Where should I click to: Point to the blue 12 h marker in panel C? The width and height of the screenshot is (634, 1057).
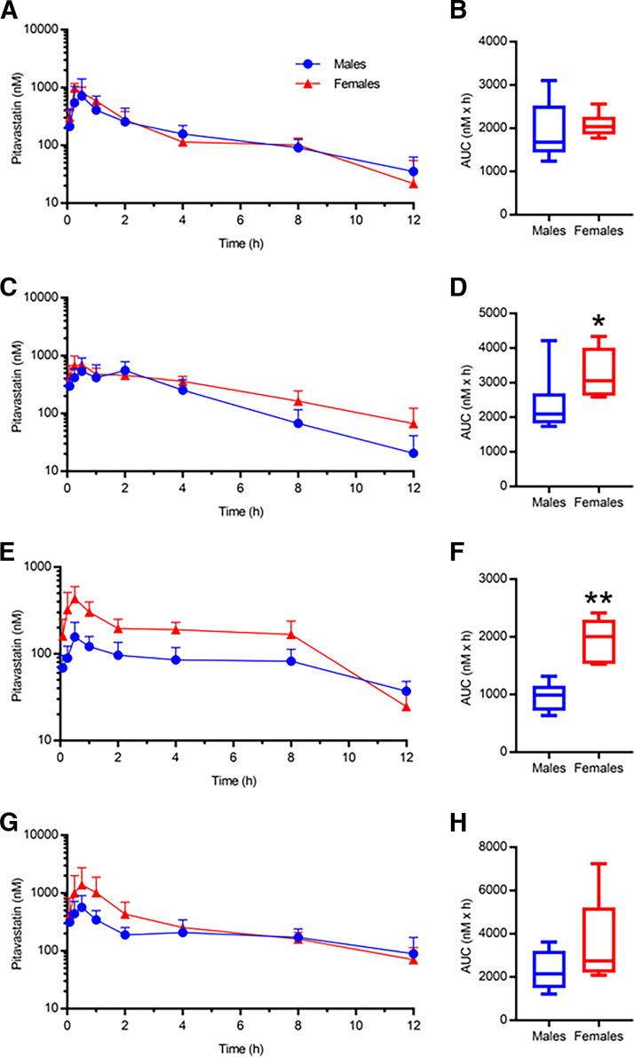point(414,453)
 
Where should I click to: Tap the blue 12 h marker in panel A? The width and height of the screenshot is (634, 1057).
point(414,171)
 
